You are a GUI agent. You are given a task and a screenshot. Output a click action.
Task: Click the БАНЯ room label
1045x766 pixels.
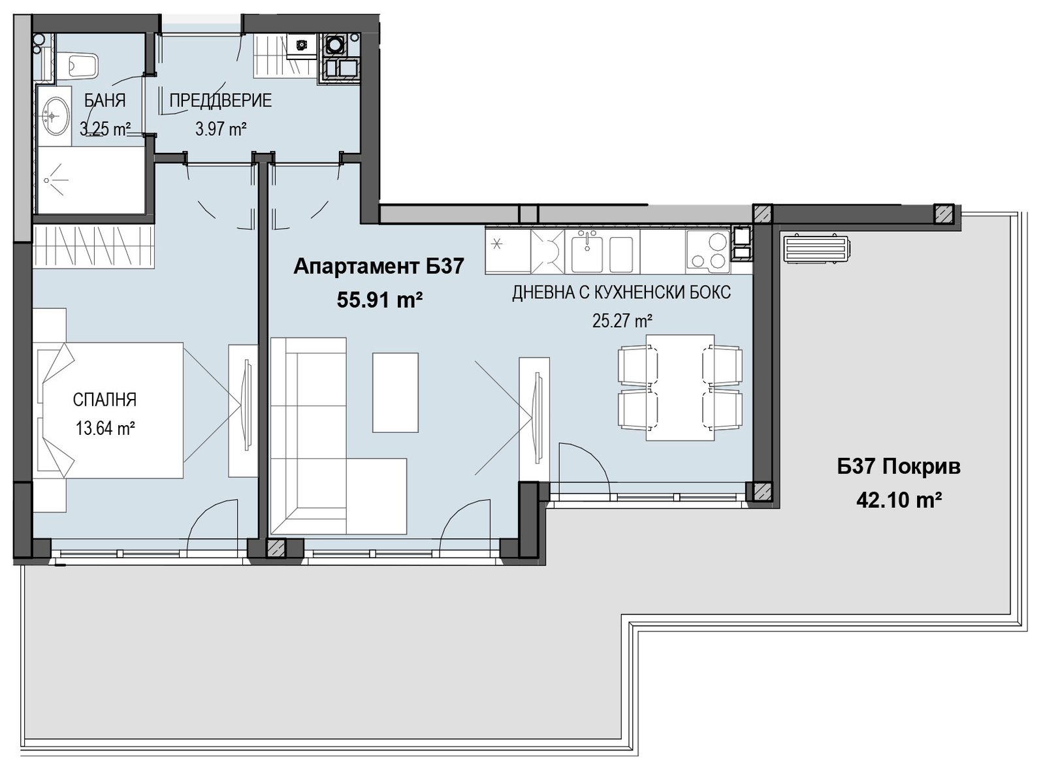[x=105, y=101]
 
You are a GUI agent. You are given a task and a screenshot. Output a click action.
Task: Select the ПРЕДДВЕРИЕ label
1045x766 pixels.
[x=220, y=101]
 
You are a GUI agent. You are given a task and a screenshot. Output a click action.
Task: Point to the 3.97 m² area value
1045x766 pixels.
[x=221, y=129]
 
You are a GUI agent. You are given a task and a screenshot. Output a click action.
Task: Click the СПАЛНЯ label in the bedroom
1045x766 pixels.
[x=105, y=400]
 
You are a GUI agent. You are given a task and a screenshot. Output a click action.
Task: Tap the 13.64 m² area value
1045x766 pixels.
[x=105, y=428]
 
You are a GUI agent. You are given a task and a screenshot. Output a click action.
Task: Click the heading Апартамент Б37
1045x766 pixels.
[x=379, y=267]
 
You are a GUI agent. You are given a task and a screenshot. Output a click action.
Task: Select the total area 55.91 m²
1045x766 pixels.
[x=379, y=300]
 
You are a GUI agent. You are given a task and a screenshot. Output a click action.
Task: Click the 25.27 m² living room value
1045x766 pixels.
[x=622, y=321]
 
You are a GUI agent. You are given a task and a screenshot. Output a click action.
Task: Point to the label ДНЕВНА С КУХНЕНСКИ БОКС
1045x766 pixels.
[x=621, y=293]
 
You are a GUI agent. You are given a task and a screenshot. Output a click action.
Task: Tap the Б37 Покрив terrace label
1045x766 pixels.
[x=899, y=466]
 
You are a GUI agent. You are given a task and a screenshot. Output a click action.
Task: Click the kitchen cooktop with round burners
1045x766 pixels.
[x=707, y=252]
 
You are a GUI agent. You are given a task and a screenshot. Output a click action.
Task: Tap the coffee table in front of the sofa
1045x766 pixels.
[x=395, y=392]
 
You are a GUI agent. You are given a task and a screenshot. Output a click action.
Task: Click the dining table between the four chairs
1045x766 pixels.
[x=680, y=387]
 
